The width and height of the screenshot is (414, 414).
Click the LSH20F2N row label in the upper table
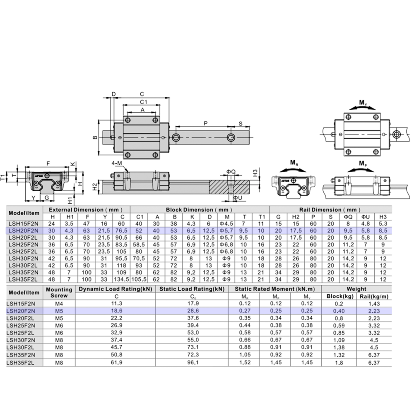[x=23, y=231]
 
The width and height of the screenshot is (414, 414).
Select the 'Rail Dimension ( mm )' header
[x=330, y=210]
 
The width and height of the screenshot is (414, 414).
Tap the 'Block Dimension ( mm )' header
[x=200, y=210]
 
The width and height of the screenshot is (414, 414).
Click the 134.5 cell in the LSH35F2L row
[x=122, y=279]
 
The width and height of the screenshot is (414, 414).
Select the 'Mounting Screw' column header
[x=59, y=292]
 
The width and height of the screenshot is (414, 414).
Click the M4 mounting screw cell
[x=59, y=303]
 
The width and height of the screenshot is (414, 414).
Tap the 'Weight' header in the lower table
[x=356, y=289]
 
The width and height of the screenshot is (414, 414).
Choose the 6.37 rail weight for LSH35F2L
[x=374, y=363]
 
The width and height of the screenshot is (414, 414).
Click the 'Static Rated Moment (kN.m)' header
[x=274, y=289]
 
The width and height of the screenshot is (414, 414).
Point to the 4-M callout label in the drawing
[x=117, y=163]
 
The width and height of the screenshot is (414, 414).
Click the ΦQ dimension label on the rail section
[x=231, y=171]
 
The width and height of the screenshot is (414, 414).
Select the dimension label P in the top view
[x=205, y=123]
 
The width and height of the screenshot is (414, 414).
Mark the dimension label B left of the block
[x=95, y=137]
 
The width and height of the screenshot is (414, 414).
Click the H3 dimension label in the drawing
[x=255, y=172]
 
